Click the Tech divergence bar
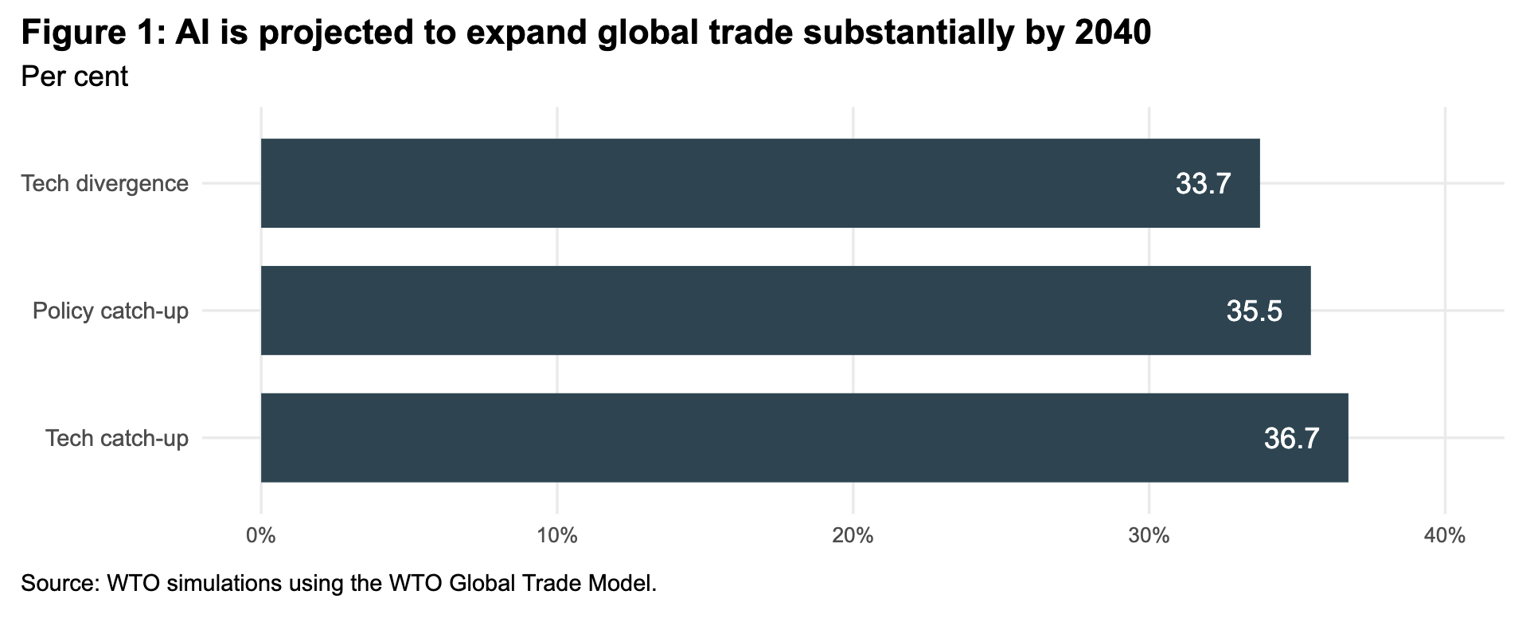759,183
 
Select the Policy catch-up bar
785,311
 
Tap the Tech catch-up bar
804,438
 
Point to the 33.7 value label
1203,184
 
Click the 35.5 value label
1254,311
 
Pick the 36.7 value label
1291,439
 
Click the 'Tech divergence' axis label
105,184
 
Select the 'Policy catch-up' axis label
111,311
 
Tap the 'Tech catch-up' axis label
117,438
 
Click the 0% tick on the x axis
261,536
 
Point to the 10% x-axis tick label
557,536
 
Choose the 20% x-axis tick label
853,536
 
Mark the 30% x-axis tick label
1149,536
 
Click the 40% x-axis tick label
1445,536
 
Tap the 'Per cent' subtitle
74,76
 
